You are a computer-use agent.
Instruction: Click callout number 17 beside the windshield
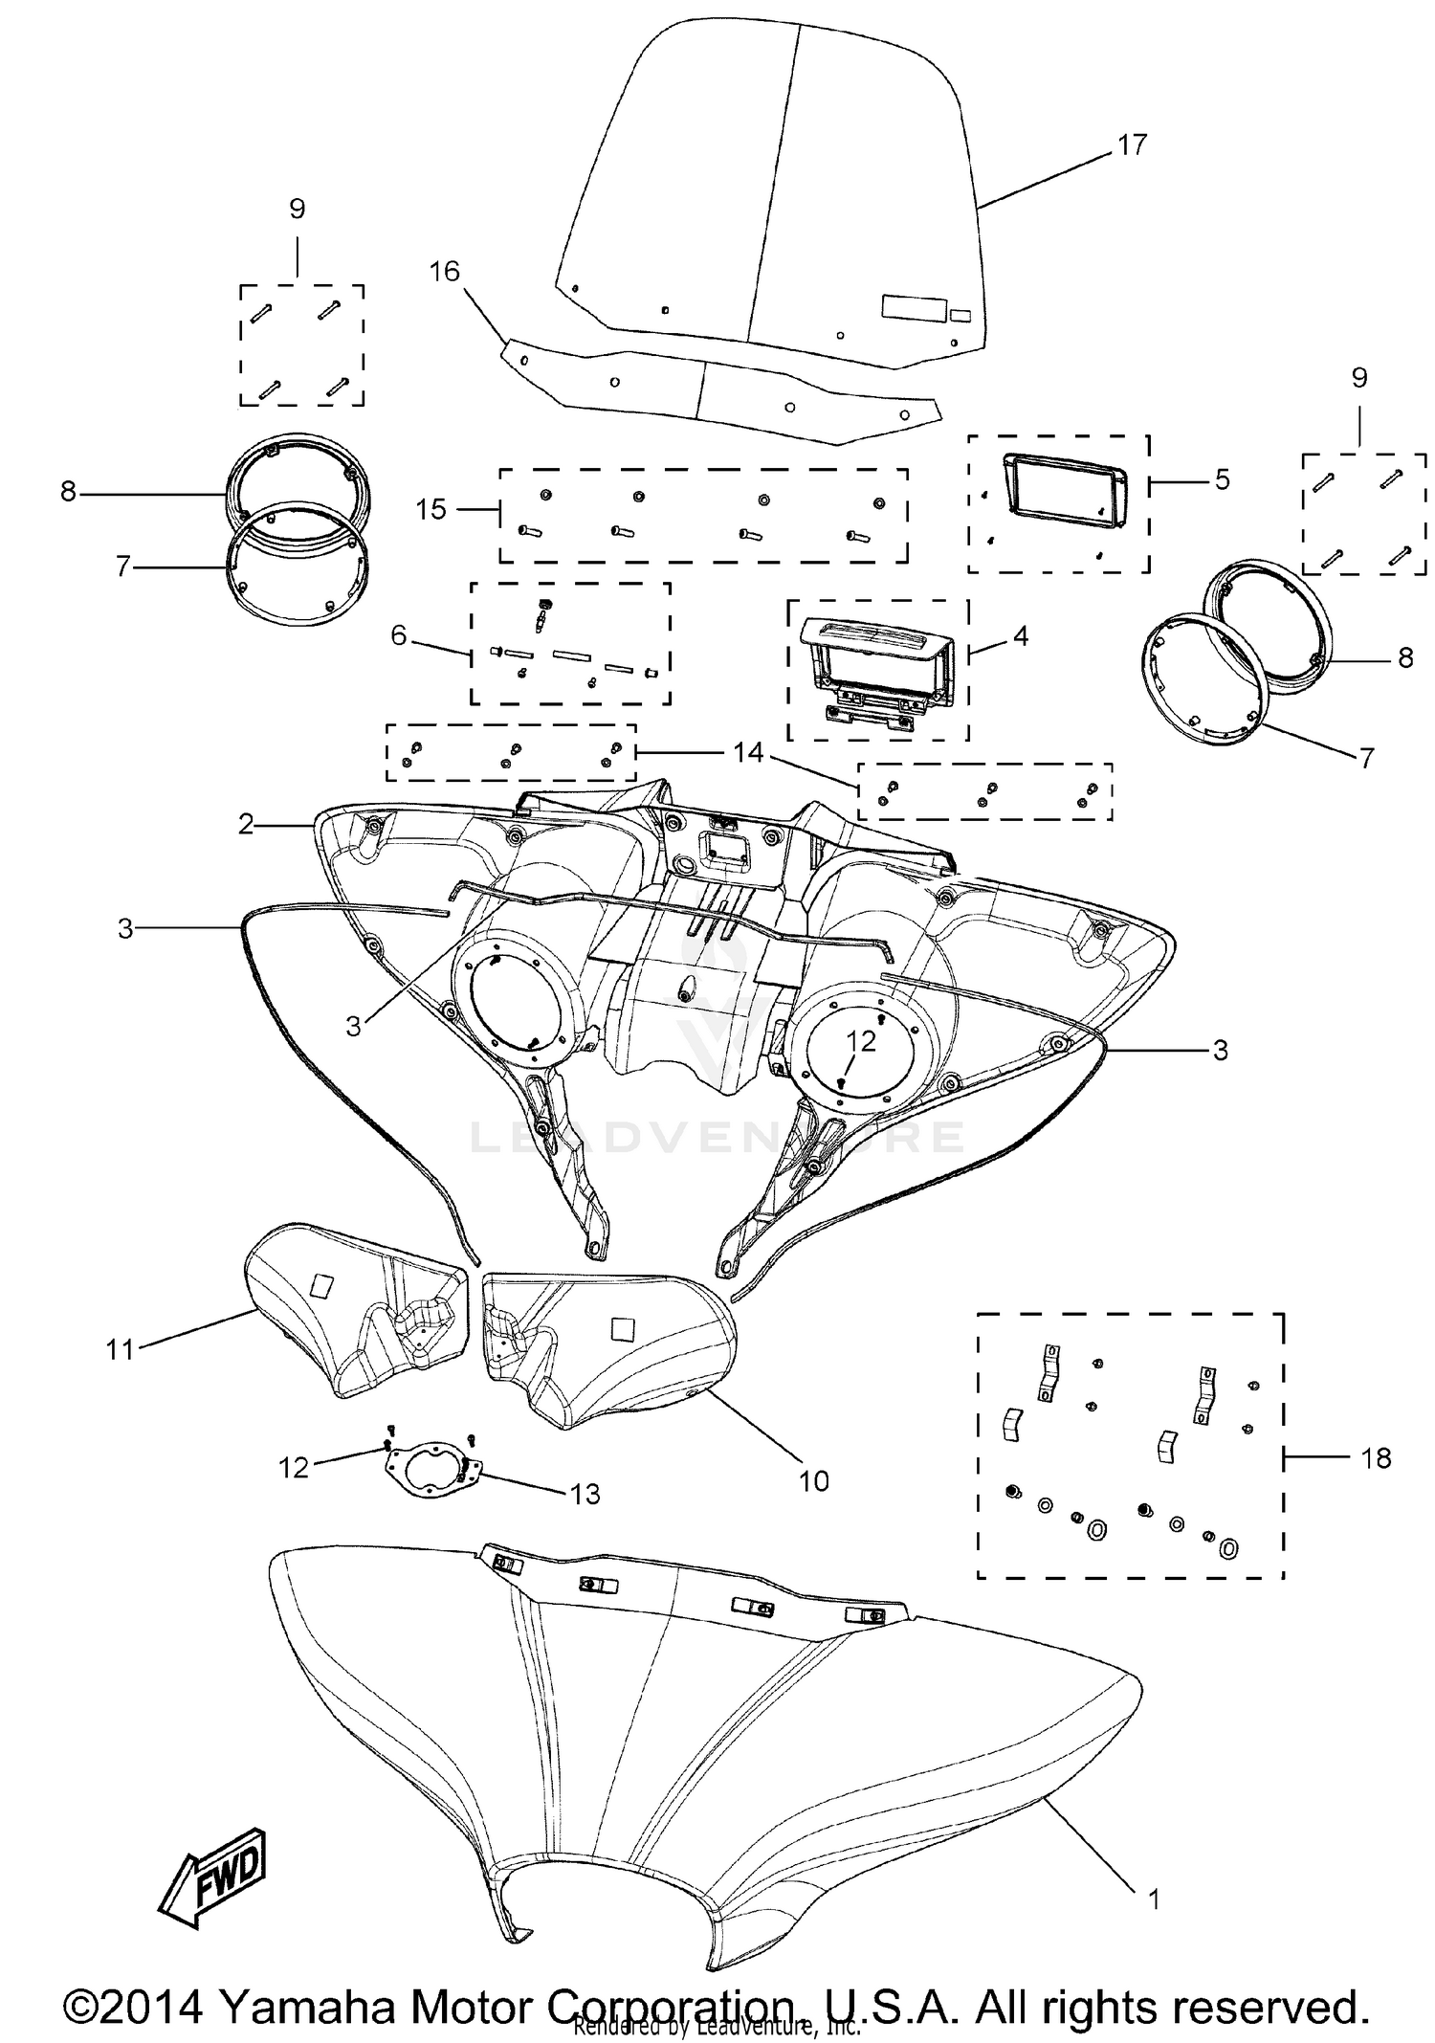click(x=1131, y=145)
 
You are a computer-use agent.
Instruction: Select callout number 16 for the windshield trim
click(x=445, y=272)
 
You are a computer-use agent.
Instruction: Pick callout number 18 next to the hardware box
click(x=1376, y=1458)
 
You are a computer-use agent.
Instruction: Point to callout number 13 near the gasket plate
click(x=585, y=1494)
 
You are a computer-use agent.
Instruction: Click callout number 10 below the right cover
click(x=813, y=1481)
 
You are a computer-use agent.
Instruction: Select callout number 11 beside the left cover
click(x=121, y=1350)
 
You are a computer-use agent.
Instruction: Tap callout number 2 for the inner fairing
click(x=246, y=824)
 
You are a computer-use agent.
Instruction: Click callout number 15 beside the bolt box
click(x=431, y=509)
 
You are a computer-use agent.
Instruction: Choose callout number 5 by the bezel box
click(x=1222, y=479)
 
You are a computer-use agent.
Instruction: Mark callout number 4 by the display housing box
click(x=1021, y=635)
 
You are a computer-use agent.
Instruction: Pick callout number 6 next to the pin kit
click(x=399, y=635)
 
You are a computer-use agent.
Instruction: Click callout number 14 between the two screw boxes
click(x=748, y=753)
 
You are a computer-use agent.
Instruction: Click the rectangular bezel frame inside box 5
click(x=1062, y=490)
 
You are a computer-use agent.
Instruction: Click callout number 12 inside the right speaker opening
click(x=861, y=1041)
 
